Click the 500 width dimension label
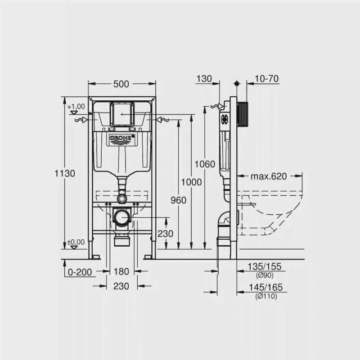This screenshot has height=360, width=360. [121, 84]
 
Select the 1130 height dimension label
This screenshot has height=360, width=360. [65, 173]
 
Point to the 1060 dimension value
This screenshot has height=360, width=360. [205, 164]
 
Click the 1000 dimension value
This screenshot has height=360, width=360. [192, 182]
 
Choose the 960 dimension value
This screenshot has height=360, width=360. [178, 200]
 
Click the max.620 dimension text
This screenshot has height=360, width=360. [269, 176]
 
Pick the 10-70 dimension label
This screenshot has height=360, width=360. [266, 79]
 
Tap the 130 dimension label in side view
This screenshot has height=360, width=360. [204, 79]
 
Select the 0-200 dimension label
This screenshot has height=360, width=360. [80, 272]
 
